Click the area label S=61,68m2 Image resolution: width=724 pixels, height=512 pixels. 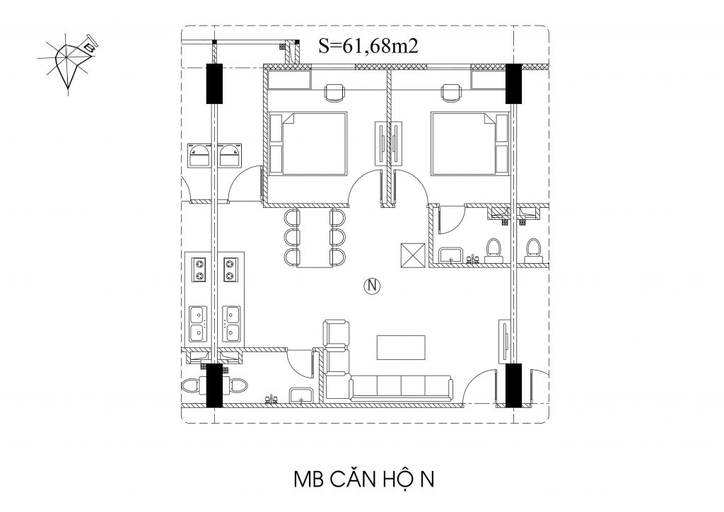pos(368,46)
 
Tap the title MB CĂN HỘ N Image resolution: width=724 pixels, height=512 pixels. pos(364,479)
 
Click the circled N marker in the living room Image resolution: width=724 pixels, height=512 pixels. pos(372,286)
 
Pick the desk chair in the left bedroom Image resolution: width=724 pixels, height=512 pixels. pos(334,93)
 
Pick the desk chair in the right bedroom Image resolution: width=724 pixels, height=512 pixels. pos(451,93)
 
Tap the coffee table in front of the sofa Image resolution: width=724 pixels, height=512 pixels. pos(402,347)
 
